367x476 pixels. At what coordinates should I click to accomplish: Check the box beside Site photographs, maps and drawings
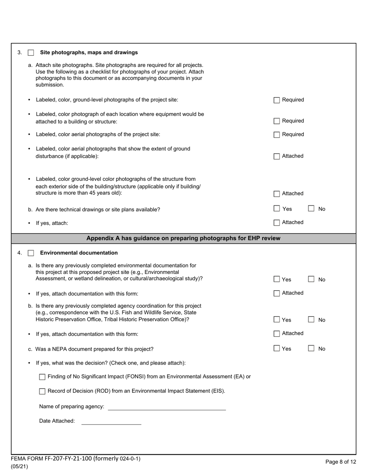pyautogui.click(x=31, y=53)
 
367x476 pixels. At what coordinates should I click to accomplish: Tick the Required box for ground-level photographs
pyautogui.click(x=277, y=100)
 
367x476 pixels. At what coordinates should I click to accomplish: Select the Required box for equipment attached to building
pyautogui.click(x=277, y=121)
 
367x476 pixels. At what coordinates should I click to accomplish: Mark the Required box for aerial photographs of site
pyautogui.click(x=277, y=135)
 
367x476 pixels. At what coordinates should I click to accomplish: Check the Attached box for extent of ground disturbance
pyautogui.click(x=277, y=156)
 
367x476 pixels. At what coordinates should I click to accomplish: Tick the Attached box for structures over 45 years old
pyautogui.click(x=277, y=194)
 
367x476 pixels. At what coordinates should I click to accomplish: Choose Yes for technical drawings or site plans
pyautogui.click(x=277, y=209)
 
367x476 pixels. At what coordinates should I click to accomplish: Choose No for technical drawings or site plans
pyautogui.click(x=311, y=209)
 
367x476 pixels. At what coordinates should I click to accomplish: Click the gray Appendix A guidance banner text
pyautogui.click(x=183, y=238)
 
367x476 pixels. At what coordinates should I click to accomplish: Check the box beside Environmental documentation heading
pyautogui.click(x=31, y=253)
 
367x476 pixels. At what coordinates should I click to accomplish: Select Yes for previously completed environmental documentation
pyautogui.click(x=277, y=279)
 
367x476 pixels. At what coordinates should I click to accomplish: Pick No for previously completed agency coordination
pyautogui.click(x=311, y=320)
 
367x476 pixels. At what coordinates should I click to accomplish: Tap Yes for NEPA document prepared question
pyautogui.click(x=277, y=348)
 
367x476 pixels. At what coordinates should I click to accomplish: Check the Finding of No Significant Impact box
pyautogui.click(x=42, y=377)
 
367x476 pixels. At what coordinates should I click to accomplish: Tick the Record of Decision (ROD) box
pyautogui.click(x=42, y=391)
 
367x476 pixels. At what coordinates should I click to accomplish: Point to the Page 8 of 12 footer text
pyautogui.click(x=341, y=462)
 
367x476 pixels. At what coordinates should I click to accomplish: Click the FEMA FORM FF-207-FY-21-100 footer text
pyautogui.click(x=76, y=459)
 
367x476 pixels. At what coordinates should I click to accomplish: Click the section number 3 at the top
pyautogui.click(x=19, y=53)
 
